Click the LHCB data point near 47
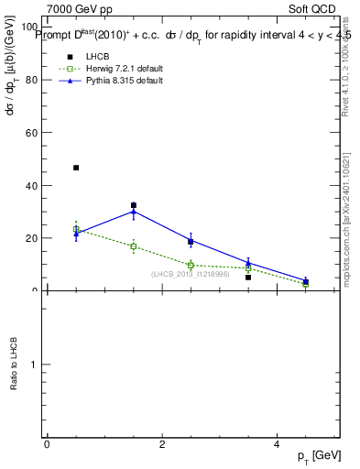[x=76, y=168]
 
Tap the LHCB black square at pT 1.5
[x=134, y=205]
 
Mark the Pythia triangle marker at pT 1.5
[x=134, y=211]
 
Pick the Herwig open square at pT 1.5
[x=134, y=246]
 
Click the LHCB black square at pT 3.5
[x=248, y=278]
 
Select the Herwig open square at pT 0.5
[x=76, y=229]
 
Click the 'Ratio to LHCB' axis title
[x=14, y=365]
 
